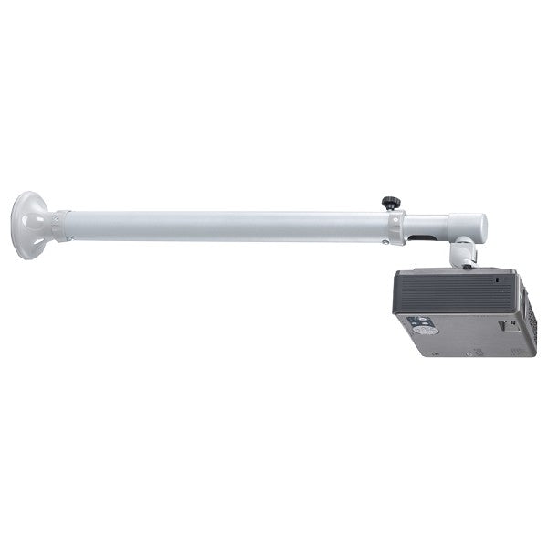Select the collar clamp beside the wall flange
(x=60, y=226)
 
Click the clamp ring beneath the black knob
(x=395, y=227)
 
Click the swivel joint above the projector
(x=464, y=250)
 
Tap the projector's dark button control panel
(x=419, y=324)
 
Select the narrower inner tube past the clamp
(x=429, y=226)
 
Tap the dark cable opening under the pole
(x=422, y=240)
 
